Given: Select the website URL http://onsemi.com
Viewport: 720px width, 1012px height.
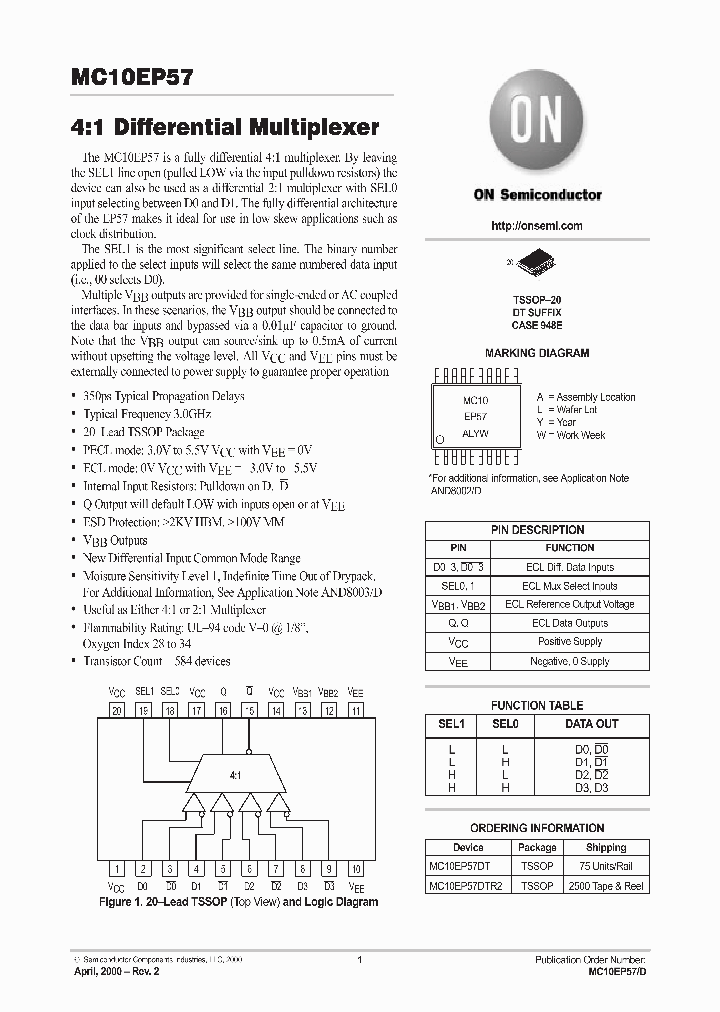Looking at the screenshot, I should [537, 226].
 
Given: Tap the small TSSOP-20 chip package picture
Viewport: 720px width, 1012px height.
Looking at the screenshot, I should [537, 264].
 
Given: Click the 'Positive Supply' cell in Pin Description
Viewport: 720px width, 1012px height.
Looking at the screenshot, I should [569, 641].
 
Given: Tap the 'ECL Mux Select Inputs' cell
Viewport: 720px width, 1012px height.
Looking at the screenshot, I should [569, 585].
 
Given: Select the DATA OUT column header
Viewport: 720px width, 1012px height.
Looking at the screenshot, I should [591, 723].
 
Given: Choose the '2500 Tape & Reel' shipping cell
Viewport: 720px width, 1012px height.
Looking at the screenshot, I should [606, 886].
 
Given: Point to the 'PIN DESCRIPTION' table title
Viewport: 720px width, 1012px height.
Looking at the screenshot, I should [537, 530].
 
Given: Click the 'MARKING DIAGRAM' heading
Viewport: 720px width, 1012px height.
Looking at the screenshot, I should [537, 353].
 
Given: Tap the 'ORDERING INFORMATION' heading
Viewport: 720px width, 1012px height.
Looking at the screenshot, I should [537, 828].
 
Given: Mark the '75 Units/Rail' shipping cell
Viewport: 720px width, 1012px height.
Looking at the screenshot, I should [606, 866].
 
